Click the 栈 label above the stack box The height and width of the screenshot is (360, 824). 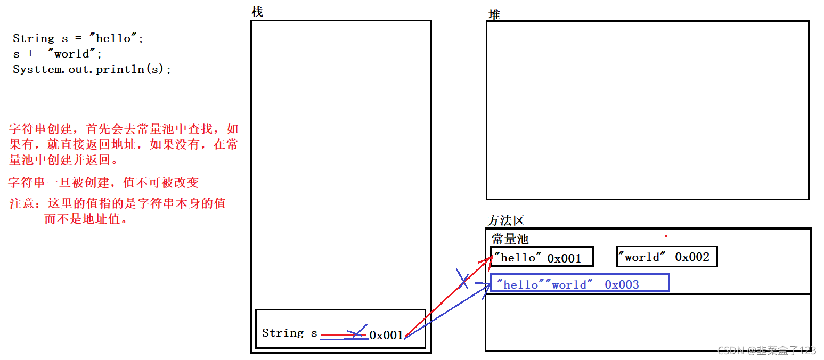tap(257, 12)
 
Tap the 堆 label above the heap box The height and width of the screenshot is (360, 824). tap(494, 15)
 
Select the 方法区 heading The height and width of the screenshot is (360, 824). tap(505, 220)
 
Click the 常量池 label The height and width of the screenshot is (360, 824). tap(510, 239)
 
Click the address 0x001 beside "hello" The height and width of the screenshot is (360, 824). tap(564, 258)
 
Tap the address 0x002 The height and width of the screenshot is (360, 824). tap(692, 257)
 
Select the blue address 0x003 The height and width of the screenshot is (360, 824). tap(622, 284)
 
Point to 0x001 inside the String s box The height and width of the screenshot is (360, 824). tap(386, 335)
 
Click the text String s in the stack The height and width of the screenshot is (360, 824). tap(289, 333)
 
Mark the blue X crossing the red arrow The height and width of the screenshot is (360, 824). tap(462, 280)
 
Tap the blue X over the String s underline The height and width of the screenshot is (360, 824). tap(358, 331)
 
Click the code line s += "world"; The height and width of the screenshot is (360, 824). tap(58, 54)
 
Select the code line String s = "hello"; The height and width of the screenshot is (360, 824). tap(78, 38)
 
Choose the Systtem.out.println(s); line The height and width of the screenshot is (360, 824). tap(92, 69)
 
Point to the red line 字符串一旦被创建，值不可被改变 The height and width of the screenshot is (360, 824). tap(103, 183)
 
